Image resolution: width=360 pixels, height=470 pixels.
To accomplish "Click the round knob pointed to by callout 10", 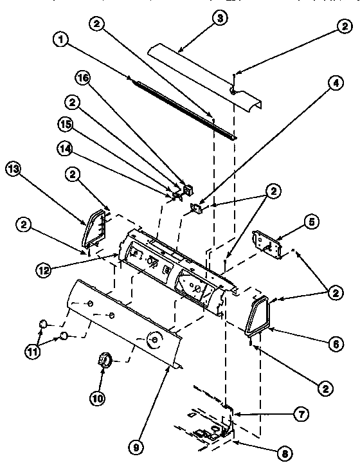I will point(105,361).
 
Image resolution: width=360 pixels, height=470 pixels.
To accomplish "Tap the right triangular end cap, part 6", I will point(258,316).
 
